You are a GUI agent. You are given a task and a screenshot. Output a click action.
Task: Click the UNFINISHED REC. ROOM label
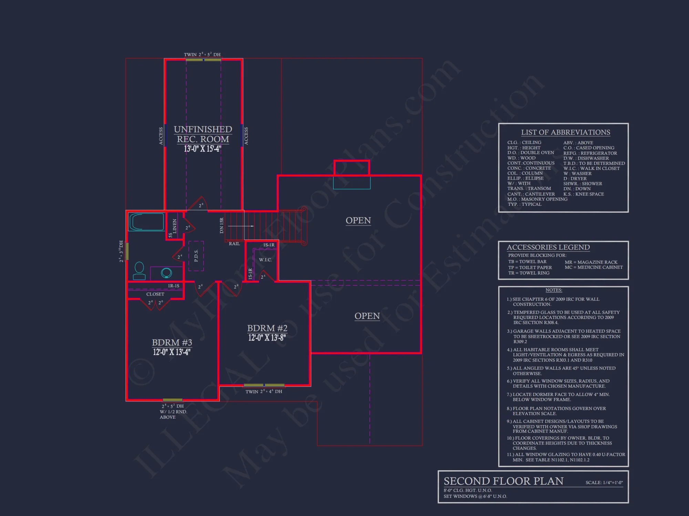(x=203, y=134)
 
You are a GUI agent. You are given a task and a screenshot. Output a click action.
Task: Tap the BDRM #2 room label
(x=267, y=328)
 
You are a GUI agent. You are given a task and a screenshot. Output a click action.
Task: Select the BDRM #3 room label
(x=172, y=343)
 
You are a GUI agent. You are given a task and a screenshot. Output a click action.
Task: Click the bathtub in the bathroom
(x=146, y=222)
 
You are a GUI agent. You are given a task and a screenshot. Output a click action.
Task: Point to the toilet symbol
(x=139, y=271)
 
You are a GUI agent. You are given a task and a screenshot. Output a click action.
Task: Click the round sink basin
(x=166, y=273)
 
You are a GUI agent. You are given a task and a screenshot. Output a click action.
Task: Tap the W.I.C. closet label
(x=265, y=260)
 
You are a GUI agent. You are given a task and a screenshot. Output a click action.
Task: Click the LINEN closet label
(x=175, y=226)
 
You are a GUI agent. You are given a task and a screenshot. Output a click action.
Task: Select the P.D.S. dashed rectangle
(x=196, y=256)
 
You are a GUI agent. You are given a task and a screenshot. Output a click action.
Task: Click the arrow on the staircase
(x=241, y=226)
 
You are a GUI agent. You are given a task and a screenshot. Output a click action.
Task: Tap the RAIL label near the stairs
(x=234, y=244)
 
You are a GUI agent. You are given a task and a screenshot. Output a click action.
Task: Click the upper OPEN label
(x=358, y=221)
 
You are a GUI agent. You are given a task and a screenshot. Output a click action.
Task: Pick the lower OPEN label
(x=367, y=316)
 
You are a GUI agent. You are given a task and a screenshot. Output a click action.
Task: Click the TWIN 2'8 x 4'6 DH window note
(x=264, y=391)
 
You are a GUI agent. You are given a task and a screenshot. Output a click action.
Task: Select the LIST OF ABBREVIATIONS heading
(x=565, y=132)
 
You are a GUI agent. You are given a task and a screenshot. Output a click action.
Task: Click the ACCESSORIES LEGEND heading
(x=548, y=247)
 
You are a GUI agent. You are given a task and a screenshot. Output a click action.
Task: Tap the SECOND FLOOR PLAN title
(x=503, y=481)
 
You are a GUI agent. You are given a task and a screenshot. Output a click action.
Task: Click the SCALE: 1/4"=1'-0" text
(x=604, y=483)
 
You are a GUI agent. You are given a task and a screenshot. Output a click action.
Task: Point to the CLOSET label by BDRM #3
(x=155, y=294)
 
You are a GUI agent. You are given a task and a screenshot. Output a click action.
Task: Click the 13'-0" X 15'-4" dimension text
(x=203, y=149)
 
